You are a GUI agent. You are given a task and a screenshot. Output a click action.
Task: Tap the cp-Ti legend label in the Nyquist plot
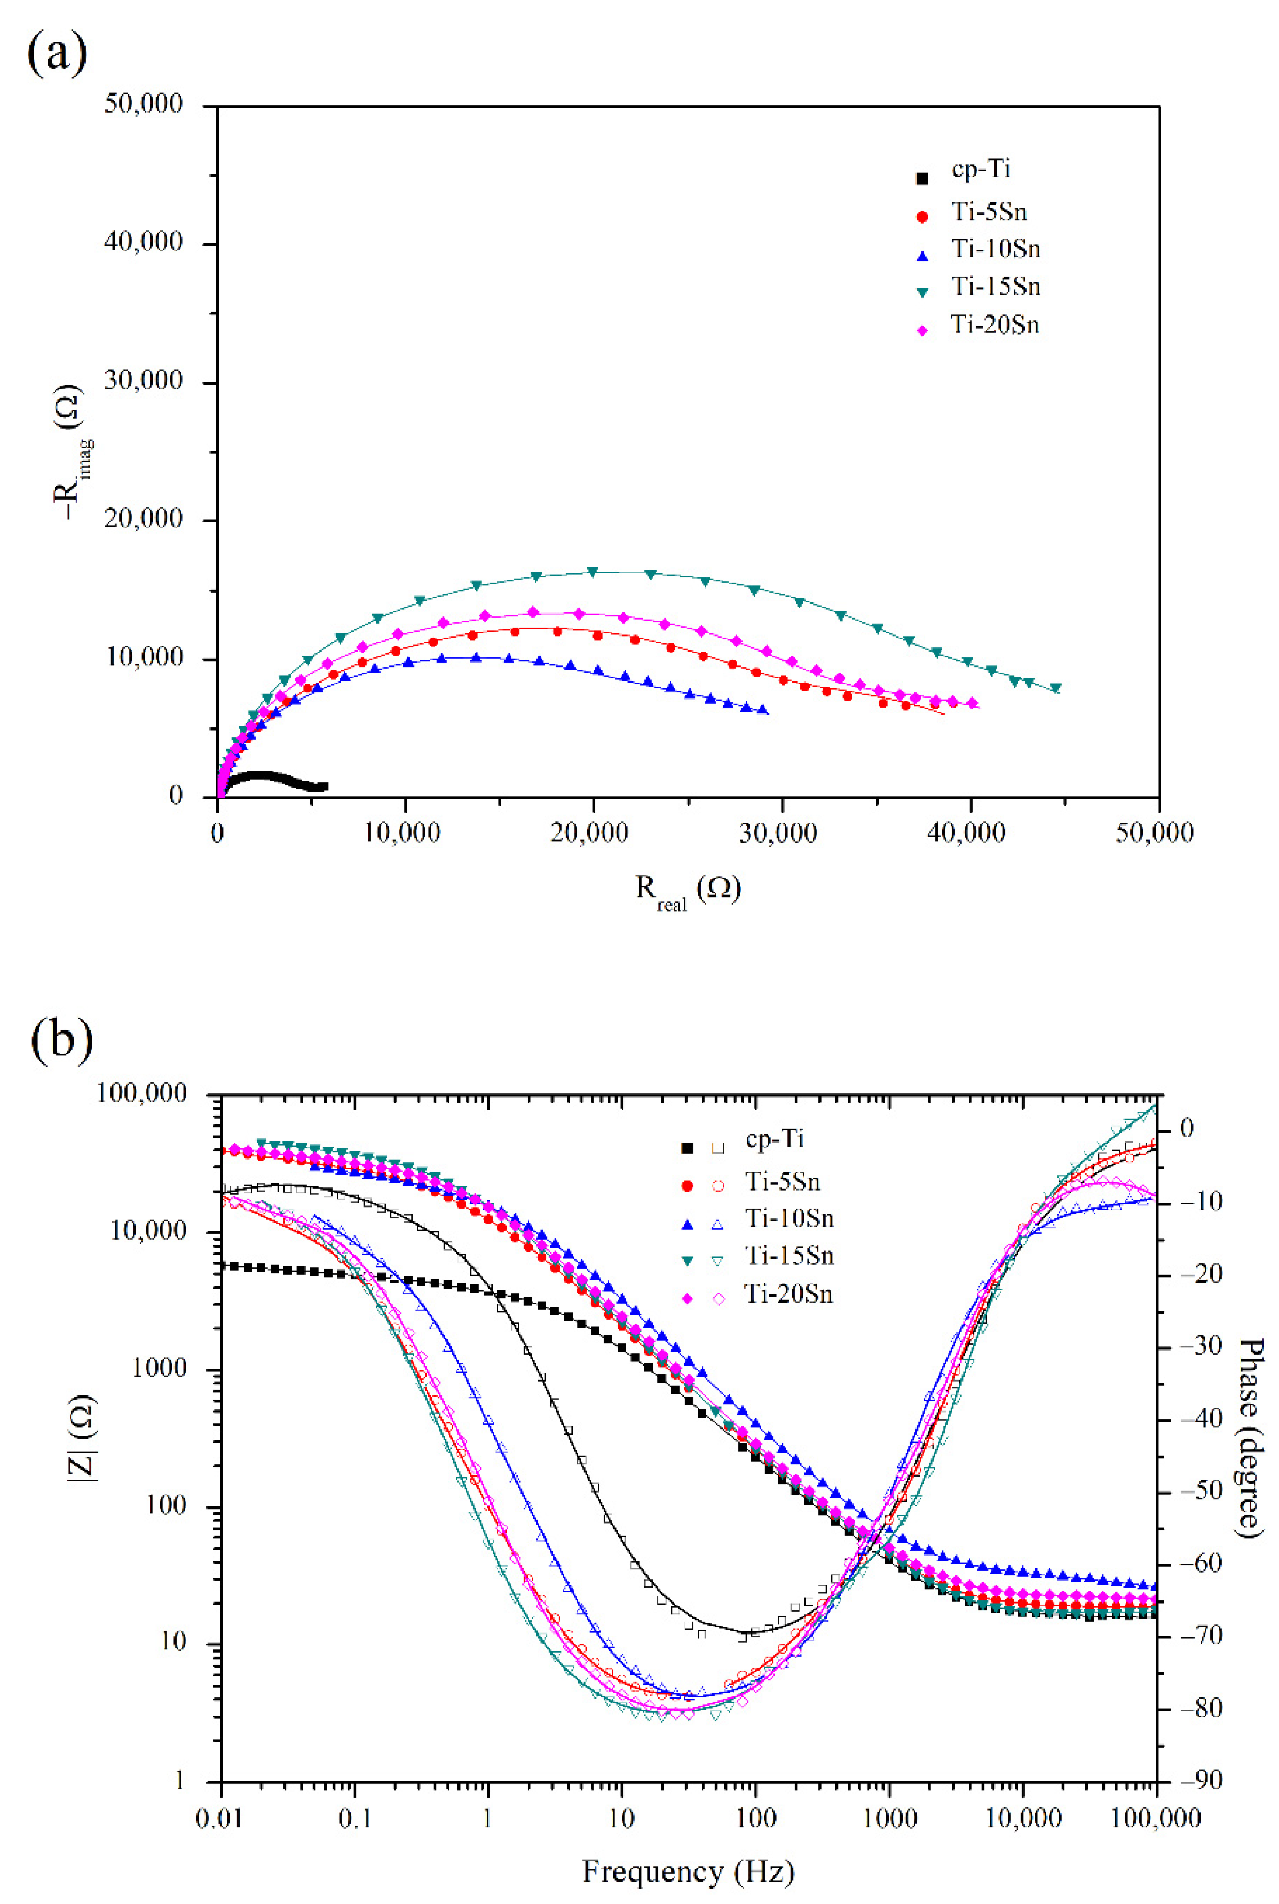point(981,170)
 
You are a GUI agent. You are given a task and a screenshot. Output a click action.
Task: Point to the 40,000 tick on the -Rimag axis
point(144,243)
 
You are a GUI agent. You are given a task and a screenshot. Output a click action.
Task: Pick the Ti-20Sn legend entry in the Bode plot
point(789,1294)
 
